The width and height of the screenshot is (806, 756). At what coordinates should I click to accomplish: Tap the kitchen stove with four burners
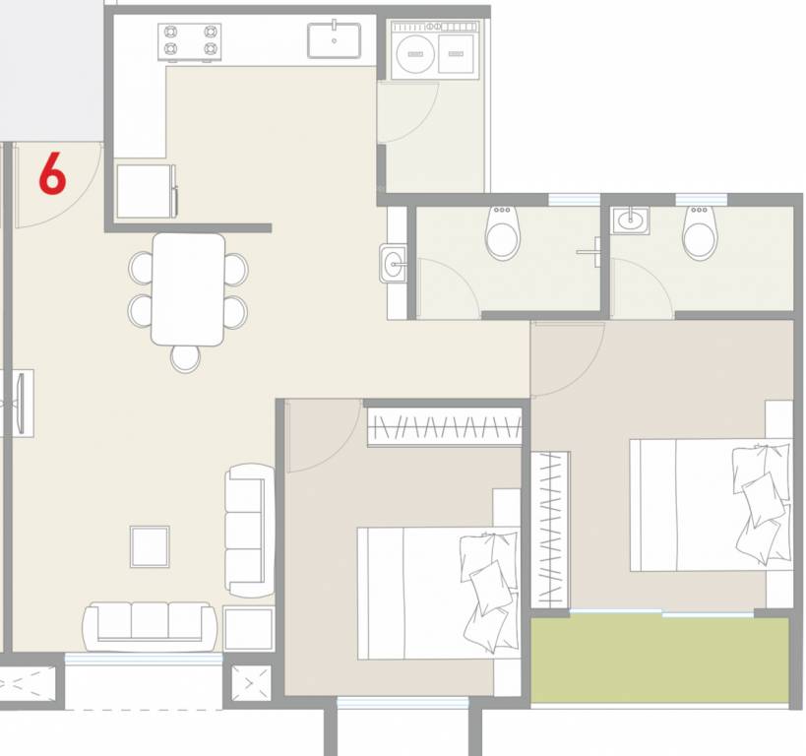[189, 42]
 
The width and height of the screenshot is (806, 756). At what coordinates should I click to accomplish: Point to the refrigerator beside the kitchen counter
[146, 190]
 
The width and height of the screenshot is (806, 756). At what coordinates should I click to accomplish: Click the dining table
[187, 288]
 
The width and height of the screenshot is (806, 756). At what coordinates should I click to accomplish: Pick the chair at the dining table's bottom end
[185, 357]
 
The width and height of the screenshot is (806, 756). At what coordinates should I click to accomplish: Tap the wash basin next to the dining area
[394, 263]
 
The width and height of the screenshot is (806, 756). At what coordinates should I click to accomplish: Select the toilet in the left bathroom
[503, 233]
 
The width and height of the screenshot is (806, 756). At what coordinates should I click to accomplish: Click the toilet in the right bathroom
[700, 233]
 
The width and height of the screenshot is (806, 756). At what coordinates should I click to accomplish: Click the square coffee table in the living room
[150, 546]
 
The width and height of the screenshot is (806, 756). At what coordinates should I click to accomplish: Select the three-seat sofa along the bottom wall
[150, 625]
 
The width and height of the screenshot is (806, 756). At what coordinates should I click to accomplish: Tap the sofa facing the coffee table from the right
[249, 529]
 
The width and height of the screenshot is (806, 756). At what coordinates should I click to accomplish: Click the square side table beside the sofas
[248, 628]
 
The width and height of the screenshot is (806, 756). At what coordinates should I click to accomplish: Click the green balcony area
[659, 660]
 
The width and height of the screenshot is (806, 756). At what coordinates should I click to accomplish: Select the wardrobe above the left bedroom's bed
[444, 427]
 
